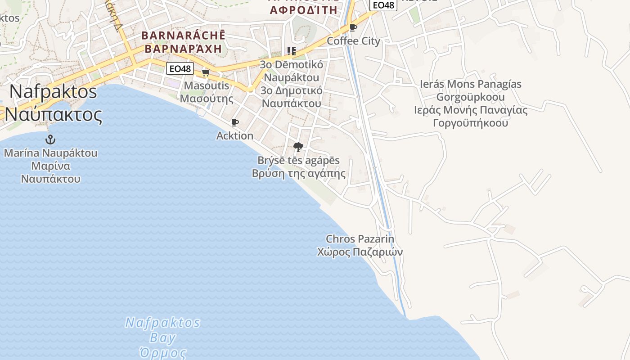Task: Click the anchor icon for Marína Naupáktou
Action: click(50, 139)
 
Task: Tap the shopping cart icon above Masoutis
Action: click(206, 72)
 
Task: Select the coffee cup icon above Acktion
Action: click(234, 122)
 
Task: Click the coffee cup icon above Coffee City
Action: click(353, 28)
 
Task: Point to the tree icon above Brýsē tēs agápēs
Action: click(298, 147)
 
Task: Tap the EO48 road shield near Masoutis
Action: click(180, 69)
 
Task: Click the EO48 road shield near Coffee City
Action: click(383, 5)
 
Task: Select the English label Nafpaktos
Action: click(53, 91)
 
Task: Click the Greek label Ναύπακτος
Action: click(54, 115)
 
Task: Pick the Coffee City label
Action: click(353, 41)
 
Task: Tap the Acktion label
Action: click(235, 135)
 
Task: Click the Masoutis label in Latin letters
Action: click(207, 85)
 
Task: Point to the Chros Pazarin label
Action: click(360, 239)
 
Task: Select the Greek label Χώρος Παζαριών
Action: click(360, 252)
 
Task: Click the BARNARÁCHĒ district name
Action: click(183, 35)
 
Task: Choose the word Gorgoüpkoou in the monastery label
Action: click(470, 97)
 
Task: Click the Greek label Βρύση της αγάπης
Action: click(298, 174)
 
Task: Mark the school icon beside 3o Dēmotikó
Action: click(292, 51)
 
